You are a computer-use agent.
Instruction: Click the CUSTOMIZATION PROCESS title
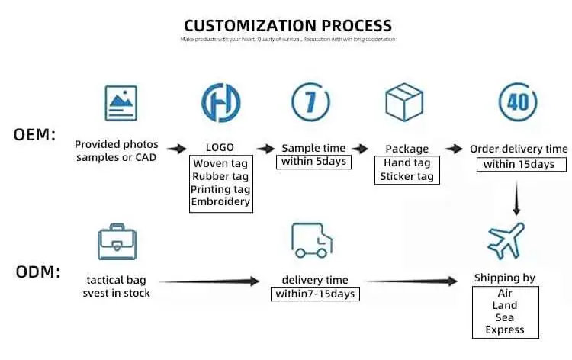click(288, 25)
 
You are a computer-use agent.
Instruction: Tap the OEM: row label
click(35, 135)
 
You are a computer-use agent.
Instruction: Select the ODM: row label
click(37, 272)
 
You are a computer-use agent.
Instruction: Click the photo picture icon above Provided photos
click(121, 103)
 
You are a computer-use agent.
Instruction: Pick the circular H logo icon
click(220, 103)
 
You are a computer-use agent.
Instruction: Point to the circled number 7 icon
click(311, 102)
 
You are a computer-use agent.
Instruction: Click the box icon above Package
click(405, 103)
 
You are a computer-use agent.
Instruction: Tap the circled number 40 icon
click(517, 102)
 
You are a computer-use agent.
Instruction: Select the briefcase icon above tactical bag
click(117, 243)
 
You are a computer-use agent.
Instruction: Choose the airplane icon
click(506, 241)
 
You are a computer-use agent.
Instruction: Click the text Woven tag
click(220, 163)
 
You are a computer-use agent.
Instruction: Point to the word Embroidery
click(220, 202)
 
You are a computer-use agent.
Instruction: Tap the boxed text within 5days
click(313, 162)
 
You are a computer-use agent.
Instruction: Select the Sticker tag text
click(407, 176)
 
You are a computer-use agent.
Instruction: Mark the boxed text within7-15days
click(313, 294)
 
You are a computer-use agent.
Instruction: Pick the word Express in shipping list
click(505, 330)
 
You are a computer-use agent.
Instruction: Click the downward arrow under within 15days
click(516, 201)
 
